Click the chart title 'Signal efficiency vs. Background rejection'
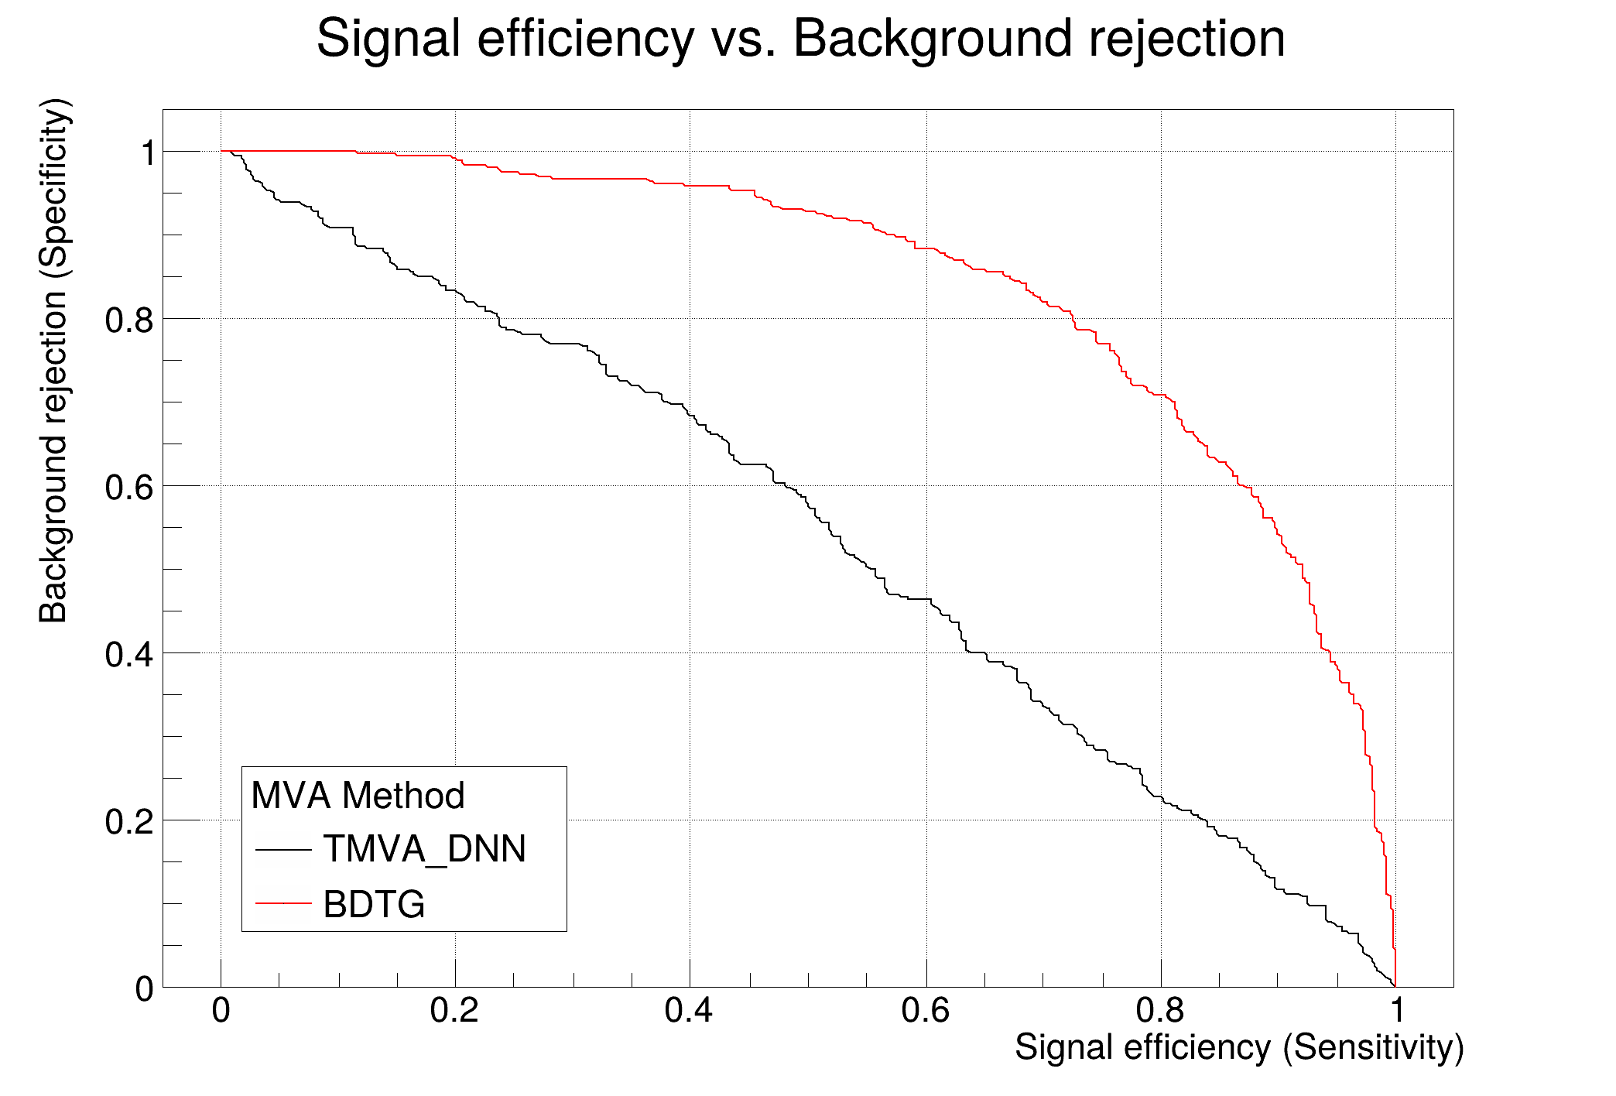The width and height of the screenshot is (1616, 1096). pos(800,39)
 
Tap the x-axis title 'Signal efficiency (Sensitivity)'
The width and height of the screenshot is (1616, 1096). pos(1238,1048)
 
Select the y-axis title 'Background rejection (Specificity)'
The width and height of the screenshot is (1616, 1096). pos(54,360)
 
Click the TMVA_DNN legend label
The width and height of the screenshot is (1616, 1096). pos(424,849)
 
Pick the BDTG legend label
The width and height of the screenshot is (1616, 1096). pos(374,904)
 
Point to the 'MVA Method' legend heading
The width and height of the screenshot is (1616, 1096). pos(358,796)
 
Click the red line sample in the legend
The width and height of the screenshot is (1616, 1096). pos(283,903)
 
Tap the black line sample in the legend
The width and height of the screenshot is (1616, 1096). pos(283,850)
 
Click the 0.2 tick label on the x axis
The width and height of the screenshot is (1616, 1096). pos(454,1011)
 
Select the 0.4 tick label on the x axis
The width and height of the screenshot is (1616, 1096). pos(689,1011)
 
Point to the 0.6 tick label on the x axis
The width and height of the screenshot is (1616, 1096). pos(925,1011)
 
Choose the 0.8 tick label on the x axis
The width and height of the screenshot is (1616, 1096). pos(1159,1011)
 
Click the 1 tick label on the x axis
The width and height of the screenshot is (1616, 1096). pos(1396,1011)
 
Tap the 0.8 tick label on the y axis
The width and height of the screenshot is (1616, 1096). pos(129,320)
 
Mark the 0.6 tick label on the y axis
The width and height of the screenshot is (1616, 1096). pos(129,488)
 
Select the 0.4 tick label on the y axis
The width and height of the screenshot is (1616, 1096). pos(129,655)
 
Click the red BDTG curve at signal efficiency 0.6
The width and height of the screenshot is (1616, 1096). pos(926,248)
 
